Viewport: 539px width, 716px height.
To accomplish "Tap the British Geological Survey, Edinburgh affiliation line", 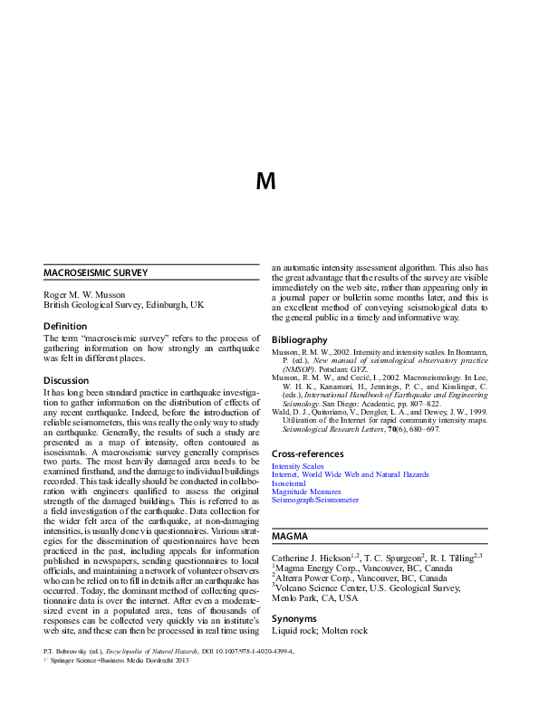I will point(124,305).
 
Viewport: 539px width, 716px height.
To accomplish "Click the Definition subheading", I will point(65,325).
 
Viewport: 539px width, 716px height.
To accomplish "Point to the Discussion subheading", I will point(67,380).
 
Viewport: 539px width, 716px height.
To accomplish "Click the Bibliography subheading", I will point(300,339).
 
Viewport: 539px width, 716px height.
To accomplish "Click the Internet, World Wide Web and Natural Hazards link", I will point(350,474).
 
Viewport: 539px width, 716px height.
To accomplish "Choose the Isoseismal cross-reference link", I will point(289,483).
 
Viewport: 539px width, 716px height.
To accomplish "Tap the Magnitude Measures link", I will point(307,492).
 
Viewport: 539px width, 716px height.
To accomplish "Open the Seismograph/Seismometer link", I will point(315,500).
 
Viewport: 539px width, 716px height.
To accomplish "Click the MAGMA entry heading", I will point(291,537).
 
